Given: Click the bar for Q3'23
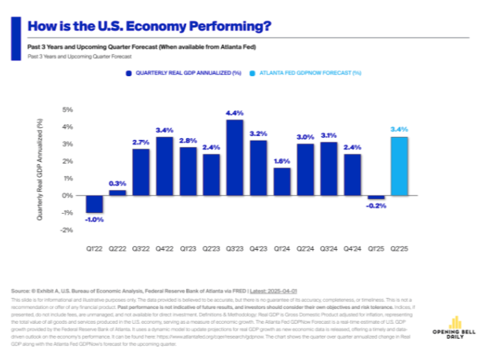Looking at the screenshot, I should pyautogui.click(x=234, y=157).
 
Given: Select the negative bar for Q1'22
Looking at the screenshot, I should pyautogui.click(x=94, y=204).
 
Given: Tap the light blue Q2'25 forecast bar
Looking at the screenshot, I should pyautogui.click(x=399, y=166).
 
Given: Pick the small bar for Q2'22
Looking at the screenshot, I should pyautogui.click(x=117, y=192).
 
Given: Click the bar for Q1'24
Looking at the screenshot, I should pyautogui.click(x=281, y=181).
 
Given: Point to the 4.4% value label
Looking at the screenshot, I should pyautogui.click(x=234, y=112).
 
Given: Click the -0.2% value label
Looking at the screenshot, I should pyautogui.click(x=376, y=207).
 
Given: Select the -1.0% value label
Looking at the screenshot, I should pyautogui.click(x=94, y=219).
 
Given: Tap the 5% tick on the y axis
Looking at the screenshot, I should pyautogui.click(x=68, y=110).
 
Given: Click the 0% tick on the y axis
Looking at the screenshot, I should pyautogui.click(x=68, y=195).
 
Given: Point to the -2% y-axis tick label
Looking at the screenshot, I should pyautogui.click(x=67, y=230).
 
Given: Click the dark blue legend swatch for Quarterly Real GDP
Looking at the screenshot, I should pyautogui.click(x=127, y=72).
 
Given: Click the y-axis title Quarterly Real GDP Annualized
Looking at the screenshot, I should pyautogui.click(x=40, y=169).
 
